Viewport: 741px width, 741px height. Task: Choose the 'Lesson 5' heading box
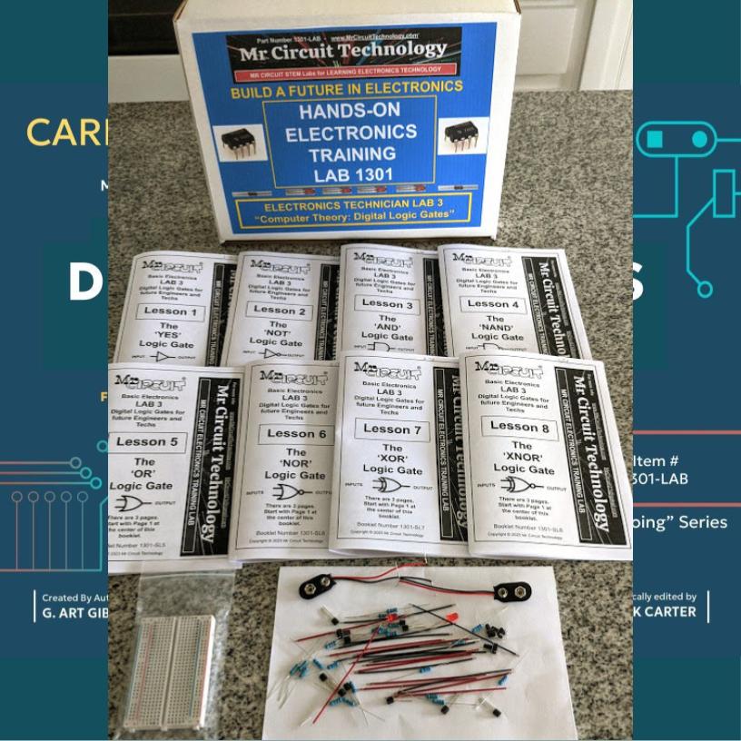149,443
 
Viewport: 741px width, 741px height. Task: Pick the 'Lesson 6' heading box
295,434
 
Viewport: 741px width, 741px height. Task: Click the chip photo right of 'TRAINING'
462,136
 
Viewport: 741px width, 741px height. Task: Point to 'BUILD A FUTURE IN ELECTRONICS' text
346,88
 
